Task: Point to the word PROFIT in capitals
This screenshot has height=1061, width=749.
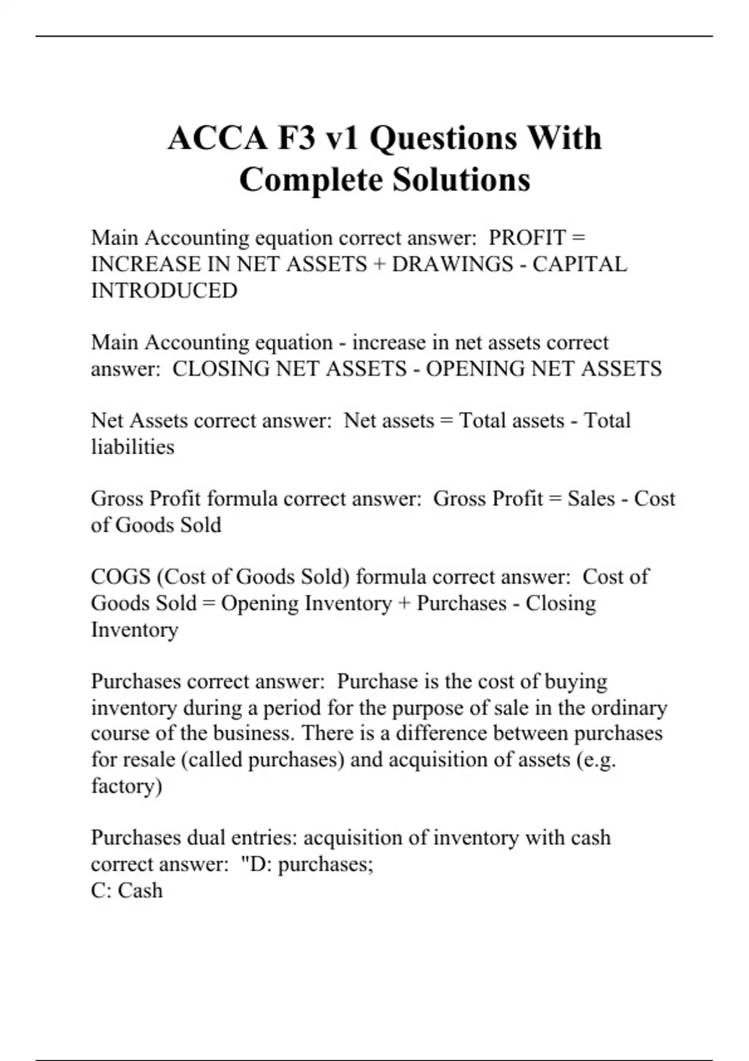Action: (x=527, y=238)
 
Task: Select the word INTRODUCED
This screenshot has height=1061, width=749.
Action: (x=164, y=291)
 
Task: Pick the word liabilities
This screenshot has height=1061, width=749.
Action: (x=133, y=447)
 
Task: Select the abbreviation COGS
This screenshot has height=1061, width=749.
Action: (x=121, y=577)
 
